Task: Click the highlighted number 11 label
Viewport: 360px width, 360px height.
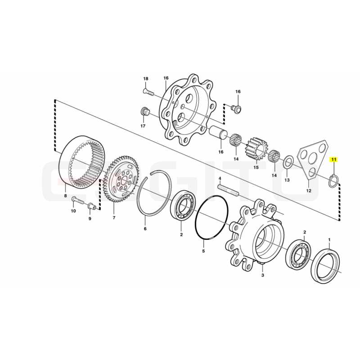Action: [x=334, y=159]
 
